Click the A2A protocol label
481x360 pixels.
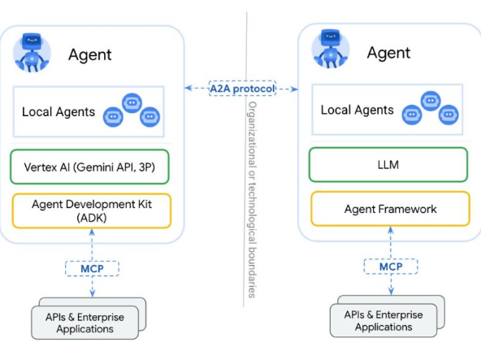242,89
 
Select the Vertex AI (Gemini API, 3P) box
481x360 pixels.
89,167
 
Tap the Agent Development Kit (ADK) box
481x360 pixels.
92,210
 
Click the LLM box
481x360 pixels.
388,164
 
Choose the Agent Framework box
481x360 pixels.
390,209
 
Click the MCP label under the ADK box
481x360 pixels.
92,268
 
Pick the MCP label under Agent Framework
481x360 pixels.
391,267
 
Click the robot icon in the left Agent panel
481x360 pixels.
32,53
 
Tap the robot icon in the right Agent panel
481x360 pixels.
331,49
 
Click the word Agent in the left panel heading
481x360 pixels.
90,55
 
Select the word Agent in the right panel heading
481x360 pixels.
388,53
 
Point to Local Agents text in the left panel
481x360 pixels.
58,111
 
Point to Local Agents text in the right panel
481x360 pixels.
357,110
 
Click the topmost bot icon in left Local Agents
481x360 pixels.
132,103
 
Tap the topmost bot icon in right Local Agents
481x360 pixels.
431,101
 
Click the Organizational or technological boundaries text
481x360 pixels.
252,200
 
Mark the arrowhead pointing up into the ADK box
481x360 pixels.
92,232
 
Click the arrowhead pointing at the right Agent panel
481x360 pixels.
294,89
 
